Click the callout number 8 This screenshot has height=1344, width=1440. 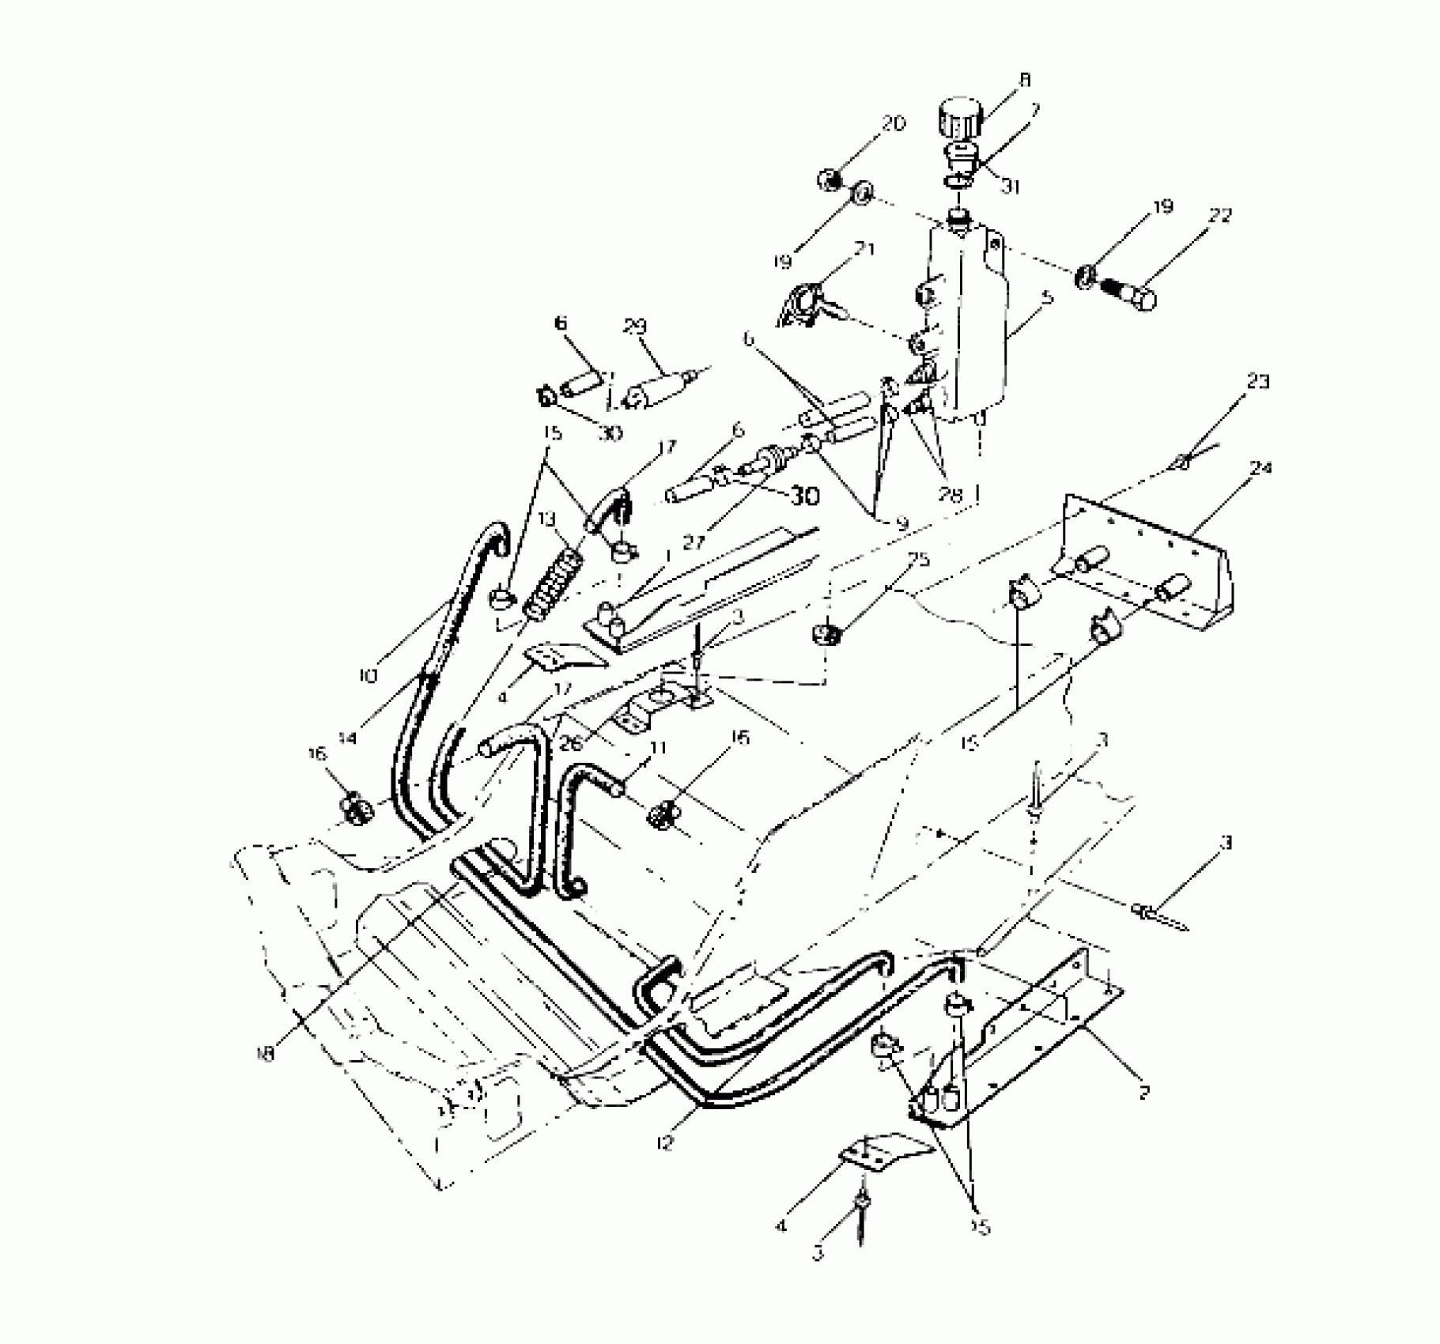(1025, 80)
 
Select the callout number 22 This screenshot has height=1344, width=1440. (1221, 215)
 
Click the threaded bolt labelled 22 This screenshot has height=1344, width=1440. (1125, 292)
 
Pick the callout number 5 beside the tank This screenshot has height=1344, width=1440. (1049, 298)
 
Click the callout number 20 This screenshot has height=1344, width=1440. (894, 124)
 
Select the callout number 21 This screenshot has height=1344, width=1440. (864, 250)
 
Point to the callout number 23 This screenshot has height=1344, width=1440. (1257, 382)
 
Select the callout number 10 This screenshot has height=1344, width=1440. (368, 676)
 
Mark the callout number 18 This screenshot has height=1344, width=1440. (266, 1054)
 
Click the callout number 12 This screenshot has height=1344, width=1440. (666, 1142)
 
